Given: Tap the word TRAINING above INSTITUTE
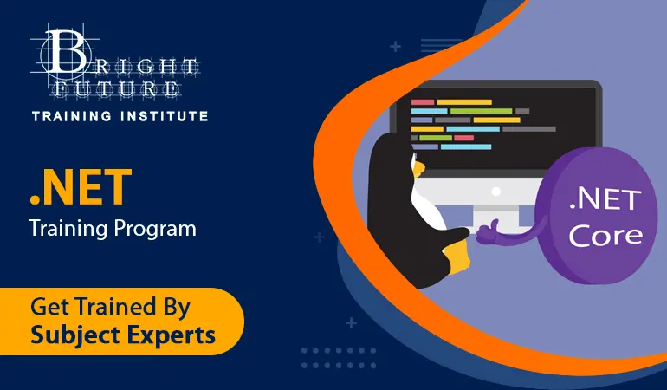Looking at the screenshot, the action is point(72,116).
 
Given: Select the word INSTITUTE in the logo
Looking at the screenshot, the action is point(165,116).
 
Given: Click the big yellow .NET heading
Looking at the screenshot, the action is point(81,187).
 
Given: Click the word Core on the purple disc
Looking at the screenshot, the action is point(605,236).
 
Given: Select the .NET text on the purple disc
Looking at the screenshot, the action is point(605,199).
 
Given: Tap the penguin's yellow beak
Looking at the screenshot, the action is point(418,168).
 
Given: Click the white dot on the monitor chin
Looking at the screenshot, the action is point(496,192).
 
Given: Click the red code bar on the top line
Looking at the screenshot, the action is point(423,102).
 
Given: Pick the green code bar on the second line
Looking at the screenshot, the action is point(481,111).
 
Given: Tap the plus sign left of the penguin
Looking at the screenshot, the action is point(319,237).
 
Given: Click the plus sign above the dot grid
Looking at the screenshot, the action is point(351,322).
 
